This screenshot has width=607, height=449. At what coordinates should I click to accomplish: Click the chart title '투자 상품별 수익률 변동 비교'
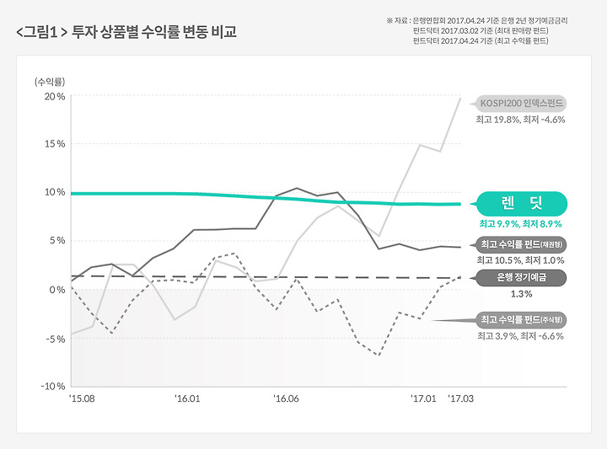point(154,32)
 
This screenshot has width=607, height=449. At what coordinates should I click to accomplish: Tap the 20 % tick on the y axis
point(55,96)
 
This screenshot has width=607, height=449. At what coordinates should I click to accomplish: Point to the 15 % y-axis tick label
point(55,144)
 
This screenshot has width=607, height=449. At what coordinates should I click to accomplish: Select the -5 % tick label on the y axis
point(56,339)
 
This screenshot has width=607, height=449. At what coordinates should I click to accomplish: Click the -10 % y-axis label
point(52,386)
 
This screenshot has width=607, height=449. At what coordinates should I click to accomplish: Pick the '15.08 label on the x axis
point(82,398)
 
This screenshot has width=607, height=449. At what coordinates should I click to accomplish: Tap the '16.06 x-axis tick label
point(286,398)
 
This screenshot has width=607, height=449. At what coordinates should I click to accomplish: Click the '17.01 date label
point(423,398)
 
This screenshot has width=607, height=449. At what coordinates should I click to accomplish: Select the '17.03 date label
point(460,398)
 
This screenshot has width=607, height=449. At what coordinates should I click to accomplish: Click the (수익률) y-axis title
point(50,82)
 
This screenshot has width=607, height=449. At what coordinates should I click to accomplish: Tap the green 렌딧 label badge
point(522,203)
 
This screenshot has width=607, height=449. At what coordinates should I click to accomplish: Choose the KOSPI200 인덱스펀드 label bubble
point(521,104)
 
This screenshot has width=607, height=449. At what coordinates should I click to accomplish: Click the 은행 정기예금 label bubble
point(521,278)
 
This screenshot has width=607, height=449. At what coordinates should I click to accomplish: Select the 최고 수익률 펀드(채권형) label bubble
point(521,244)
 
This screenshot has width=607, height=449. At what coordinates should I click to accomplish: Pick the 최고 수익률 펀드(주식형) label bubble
point(521,320)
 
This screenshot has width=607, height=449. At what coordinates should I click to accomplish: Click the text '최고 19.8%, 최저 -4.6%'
point(521,120)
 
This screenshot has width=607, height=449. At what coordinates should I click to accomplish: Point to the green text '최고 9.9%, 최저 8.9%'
point(521,224)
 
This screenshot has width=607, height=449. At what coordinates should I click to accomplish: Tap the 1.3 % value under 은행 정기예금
point(521,294)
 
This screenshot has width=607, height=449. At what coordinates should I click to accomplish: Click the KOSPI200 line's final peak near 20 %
point(460,99)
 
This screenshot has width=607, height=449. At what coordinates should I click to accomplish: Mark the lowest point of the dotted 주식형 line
point(379,355)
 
